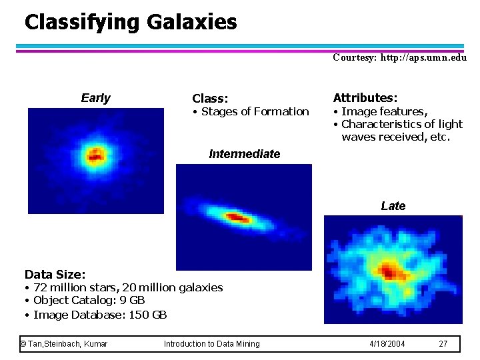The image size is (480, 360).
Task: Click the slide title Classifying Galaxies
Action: click(131, 22)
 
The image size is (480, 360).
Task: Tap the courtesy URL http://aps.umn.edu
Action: click(423, 58)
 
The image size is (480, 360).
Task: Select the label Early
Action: click(95, 99)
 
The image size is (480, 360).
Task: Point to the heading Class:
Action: click(210, 99)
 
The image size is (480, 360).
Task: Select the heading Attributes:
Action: click(365, 97)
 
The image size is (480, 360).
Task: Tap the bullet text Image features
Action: click(384, 111)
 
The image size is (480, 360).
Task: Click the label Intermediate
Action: click(244, 154)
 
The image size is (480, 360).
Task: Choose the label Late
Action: click(393, 206)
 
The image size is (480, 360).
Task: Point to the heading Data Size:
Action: click(55, 274)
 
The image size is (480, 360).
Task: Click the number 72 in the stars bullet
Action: click(39, 287)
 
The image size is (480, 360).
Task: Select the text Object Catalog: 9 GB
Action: click(89, 301)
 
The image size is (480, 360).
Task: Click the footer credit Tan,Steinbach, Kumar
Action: click(64, 344)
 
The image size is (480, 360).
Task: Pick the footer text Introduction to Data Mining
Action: click(211, 344)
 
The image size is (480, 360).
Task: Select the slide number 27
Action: click(443, 344)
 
